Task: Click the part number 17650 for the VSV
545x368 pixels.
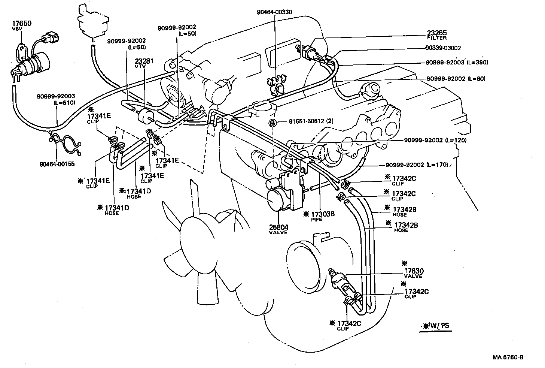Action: coord(22,23)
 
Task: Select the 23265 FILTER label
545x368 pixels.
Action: coord(437,34)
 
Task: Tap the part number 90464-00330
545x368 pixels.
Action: coord(274,12)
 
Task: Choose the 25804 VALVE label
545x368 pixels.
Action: coord(278,229)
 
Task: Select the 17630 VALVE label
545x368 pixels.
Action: coord(413,273)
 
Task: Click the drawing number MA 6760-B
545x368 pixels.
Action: coord(508,357)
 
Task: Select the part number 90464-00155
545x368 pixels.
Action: coord(56,164)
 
